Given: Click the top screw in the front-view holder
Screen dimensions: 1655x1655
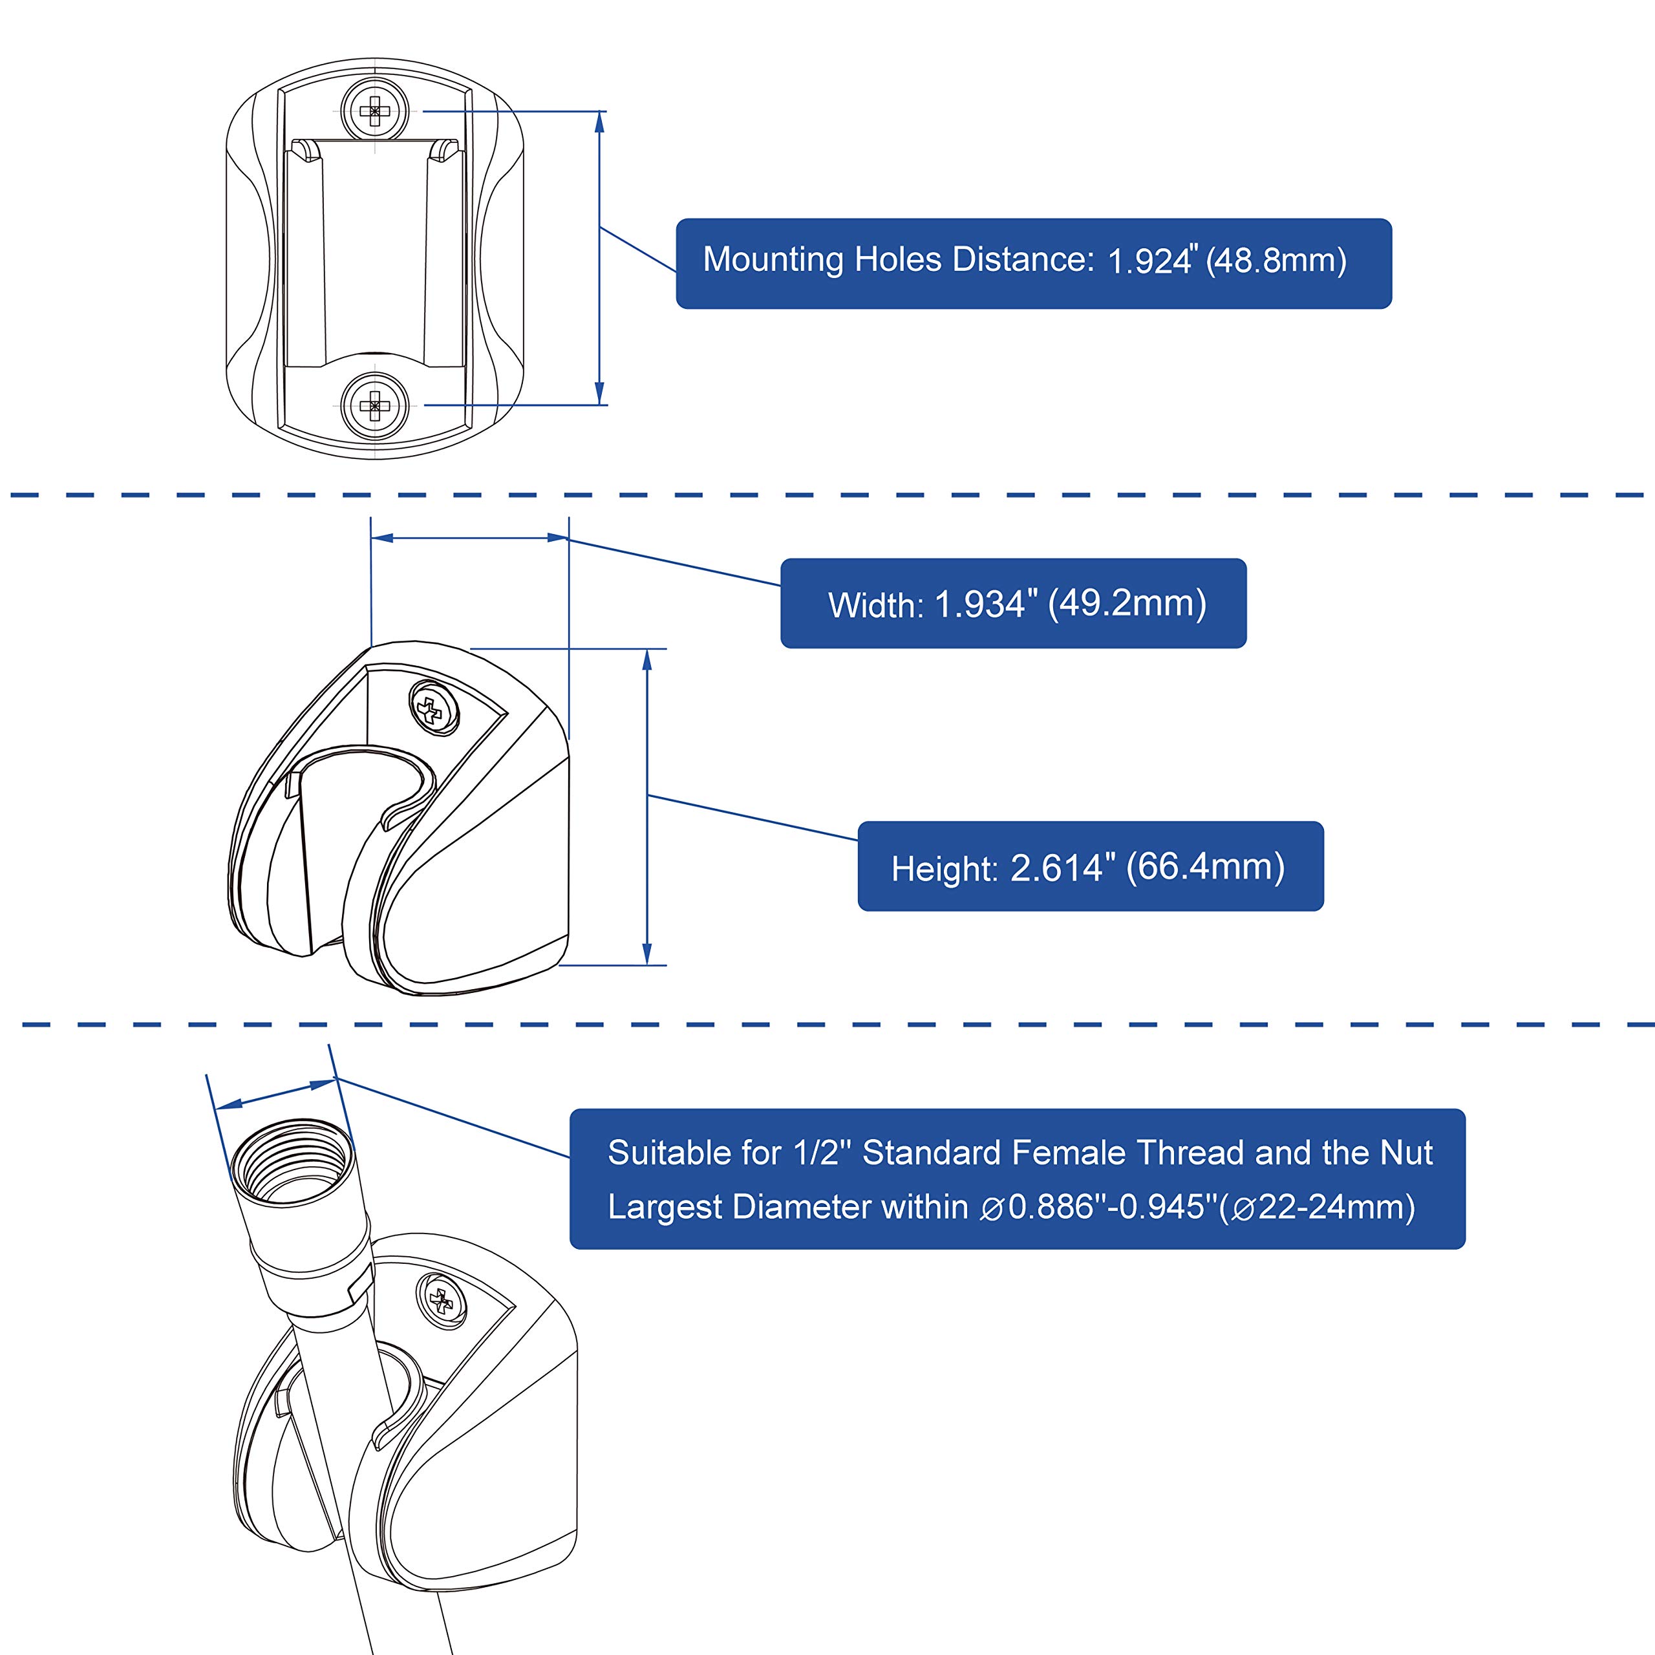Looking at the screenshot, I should (374, 111).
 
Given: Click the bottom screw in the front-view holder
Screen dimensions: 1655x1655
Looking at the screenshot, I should (374, 405).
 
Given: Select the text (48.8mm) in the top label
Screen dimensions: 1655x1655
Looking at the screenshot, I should (1276, 261).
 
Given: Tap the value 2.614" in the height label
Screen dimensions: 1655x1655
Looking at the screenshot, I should (1062, 868).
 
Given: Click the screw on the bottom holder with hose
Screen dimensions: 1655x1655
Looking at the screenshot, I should (442, 1302).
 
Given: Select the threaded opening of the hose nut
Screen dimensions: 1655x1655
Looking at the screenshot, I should (292, 1168).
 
